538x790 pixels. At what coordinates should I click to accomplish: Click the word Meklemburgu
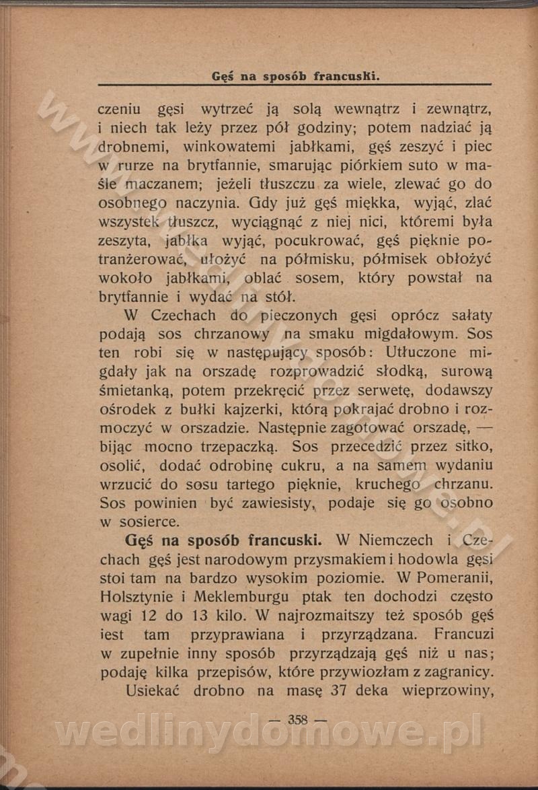(241, 597)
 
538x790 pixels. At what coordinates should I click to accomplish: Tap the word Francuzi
(463, 634)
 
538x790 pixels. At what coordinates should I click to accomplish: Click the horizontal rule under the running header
(295, 85)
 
